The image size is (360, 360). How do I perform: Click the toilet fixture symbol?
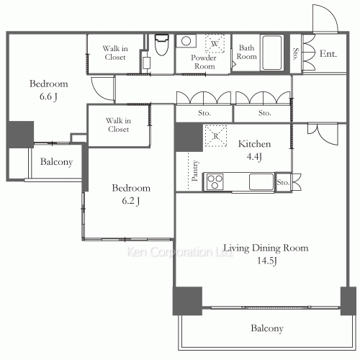coord(161,45)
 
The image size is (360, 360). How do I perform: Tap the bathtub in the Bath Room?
coord(272,53)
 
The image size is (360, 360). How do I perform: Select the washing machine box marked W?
coord(215,43)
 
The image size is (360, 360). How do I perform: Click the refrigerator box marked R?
coord(216,136)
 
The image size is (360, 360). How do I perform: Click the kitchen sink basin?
coord(261,181)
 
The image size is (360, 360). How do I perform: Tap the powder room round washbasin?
coord(186,41)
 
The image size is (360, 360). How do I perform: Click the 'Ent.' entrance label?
coord(328,54)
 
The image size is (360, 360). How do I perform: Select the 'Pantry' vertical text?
coord(195,171)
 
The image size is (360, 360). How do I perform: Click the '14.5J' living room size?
coord(267,261)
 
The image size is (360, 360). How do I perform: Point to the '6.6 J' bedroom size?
coord(48,96)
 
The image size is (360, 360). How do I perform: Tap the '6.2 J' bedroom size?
coord(131,201)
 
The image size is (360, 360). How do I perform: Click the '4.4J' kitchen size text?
coord(254,156)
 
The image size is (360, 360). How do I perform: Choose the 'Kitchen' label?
coord(254,144)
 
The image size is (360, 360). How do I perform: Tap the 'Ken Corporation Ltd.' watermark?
coord(179,252)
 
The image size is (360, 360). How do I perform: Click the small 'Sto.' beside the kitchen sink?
coord(283,182)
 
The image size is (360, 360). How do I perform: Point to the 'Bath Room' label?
coord(246,52)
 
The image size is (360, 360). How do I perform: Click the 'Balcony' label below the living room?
coord(267,328)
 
